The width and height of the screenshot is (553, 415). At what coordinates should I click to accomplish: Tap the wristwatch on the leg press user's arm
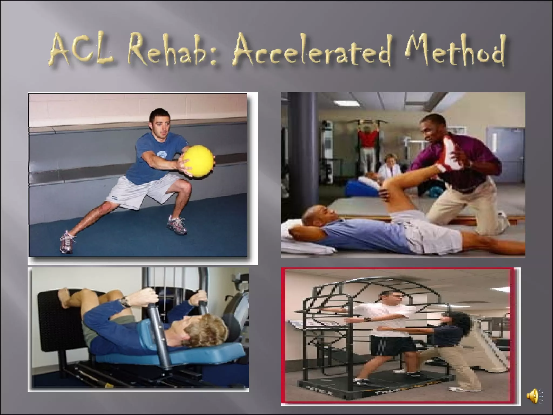point(125,302)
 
